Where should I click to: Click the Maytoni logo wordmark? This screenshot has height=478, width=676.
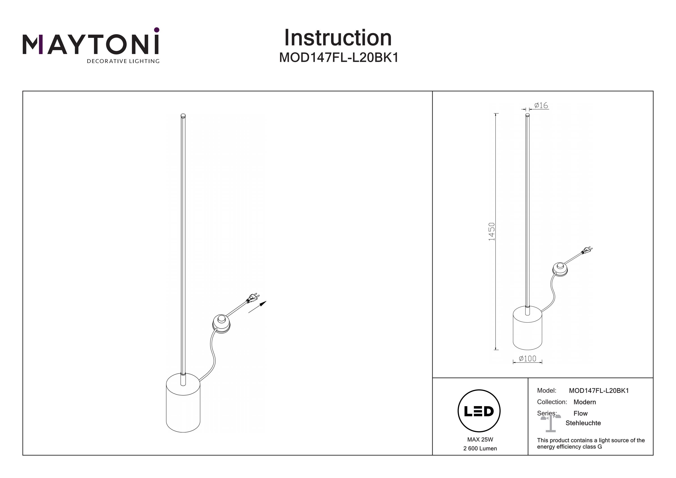[x=91, y=45]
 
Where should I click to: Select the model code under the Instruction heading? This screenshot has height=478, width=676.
[x=339, y=58]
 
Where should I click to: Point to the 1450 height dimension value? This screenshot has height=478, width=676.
[x=492, y=231]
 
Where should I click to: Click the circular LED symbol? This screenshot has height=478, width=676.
[x=479, y=411]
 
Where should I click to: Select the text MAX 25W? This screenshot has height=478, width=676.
[x=480, y=440]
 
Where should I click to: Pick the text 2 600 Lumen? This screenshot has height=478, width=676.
[x=480, y=448]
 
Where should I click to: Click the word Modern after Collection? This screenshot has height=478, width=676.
[x=585, y=402]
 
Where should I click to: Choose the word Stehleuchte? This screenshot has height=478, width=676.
[x=583, y=423]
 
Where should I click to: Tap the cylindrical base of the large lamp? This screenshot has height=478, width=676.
[x=183, y=403]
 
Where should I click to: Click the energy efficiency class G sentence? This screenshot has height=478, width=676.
[x=591, y=444]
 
